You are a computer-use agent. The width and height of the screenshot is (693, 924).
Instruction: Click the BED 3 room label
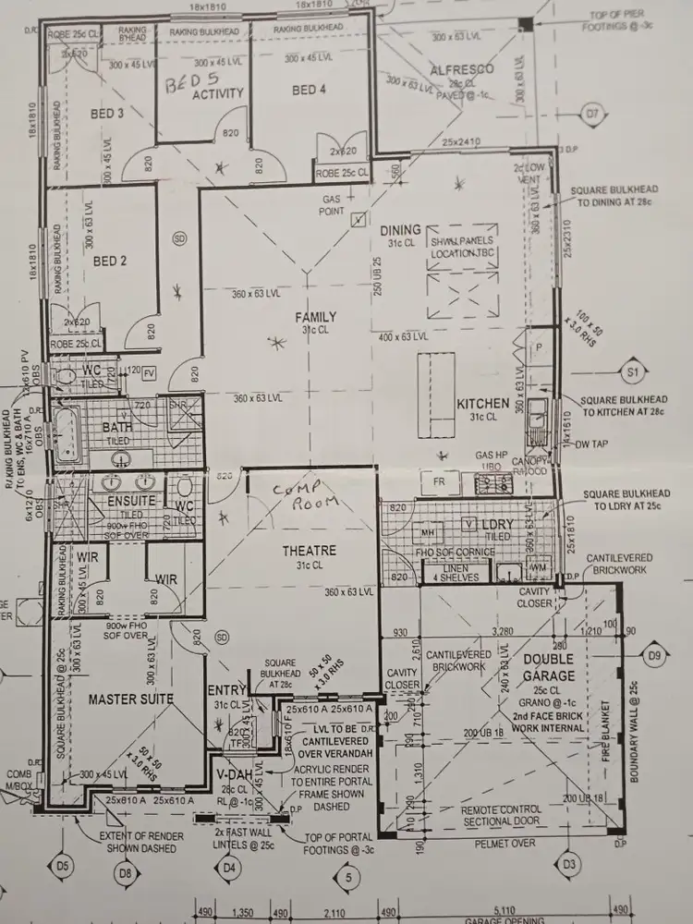pos(108,114)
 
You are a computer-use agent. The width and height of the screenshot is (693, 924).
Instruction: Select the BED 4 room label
pos(309,90)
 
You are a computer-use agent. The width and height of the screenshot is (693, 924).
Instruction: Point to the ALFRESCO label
pos(461,70)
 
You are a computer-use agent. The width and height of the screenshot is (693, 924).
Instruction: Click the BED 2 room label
pos(109,261)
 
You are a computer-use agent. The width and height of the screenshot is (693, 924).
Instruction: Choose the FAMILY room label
pos(315,317)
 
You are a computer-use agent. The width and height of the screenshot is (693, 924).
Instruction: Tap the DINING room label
pos(400,230)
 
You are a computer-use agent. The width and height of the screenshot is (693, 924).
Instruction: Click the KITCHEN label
pos(482,403)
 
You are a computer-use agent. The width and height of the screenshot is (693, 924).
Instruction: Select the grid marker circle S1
pos(634,371)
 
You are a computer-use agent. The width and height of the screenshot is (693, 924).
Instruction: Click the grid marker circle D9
pos(655,657)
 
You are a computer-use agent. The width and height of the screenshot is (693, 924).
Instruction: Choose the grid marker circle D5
pos(62,866)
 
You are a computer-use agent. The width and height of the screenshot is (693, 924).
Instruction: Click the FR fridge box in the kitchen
pos(440,482)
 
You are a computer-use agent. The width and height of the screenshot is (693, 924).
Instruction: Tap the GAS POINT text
pos(332,205)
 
